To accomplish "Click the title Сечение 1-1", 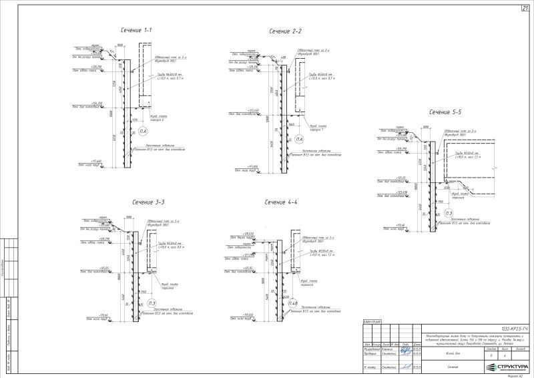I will (136, 31).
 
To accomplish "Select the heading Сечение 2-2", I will (286, 31).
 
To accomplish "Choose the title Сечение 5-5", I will (445, 112).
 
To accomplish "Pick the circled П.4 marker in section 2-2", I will (300, 139).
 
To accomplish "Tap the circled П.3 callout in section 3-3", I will (152, 303).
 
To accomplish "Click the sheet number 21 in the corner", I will (525, 8).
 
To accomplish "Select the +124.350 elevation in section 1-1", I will (96, 103).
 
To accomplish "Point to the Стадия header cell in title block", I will (491, 348).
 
